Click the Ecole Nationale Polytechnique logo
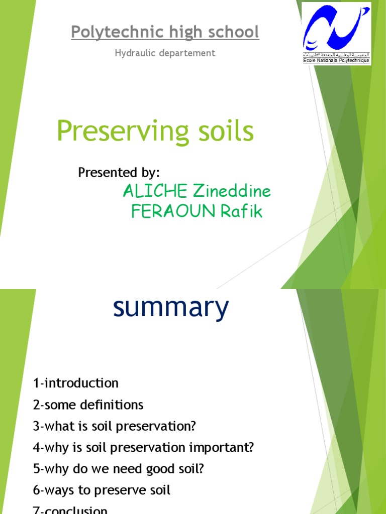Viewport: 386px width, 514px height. [336, 34]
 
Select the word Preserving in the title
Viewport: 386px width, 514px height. [115, 132]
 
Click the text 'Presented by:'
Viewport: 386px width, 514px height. [119, 173]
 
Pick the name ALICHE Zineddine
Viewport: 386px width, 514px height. [197, 191]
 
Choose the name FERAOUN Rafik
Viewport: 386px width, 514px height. [197, 212]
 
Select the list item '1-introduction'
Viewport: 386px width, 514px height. [76, 383]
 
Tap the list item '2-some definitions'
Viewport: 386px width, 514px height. [88, 405]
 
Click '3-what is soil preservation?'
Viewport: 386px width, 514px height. [114, 426]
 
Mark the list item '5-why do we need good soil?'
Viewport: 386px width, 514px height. [119, 469]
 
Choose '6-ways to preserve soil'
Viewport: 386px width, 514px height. [102, 490]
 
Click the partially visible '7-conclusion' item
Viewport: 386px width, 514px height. [70, 509]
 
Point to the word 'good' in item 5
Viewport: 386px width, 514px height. [160, 469]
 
